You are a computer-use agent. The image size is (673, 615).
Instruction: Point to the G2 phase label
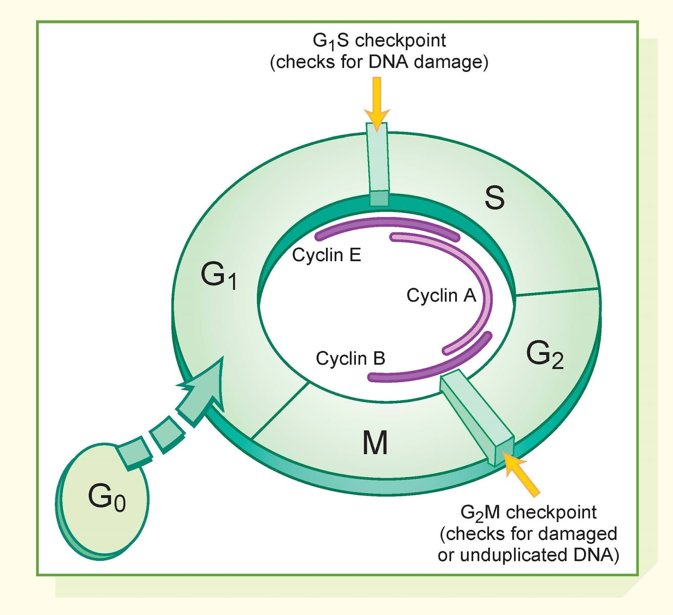coord(544,355)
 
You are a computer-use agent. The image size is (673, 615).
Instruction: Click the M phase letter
coord(375,443)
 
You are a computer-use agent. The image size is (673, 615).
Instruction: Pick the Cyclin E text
coord(326,255)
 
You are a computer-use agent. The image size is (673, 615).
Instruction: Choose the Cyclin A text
coord(441,295)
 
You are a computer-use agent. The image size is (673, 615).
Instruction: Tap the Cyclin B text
coord(350,359)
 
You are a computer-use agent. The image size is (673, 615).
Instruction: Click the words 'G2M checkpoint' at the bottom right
coord(528,512)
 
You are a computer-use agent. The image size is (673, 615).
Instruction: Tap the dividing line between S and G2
coord(556,292)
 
